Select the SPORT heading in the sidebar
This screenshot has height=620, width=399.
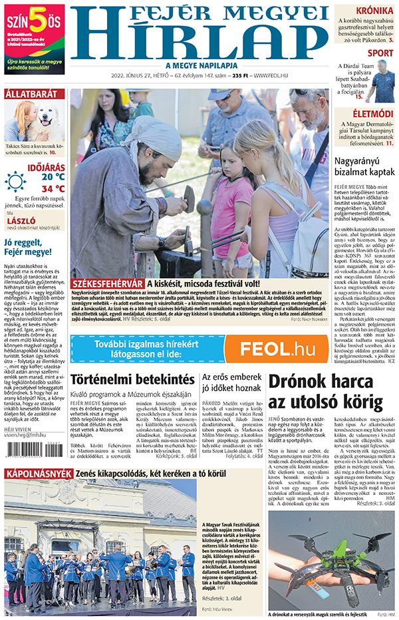(x=380, y=53)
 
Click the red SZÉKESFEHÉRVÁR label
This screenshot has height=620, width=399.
(x=107, y=284)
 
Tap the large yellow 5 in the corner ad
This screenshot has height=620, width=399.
(x=39, y=20)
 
